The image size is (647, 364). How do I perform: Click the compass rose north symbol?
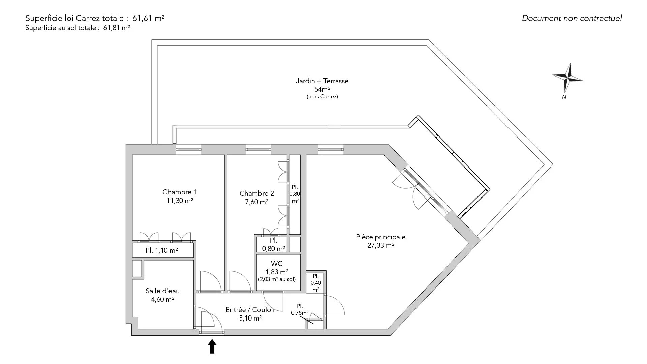click(x=568, y=78)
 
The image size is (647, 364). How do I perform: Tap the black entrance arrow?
click(x=212, y=346)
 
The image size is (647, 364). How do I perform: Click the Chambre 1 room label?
click(x=179, y=192)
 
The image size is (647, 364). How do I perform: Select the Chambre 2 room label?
click(x=257, y=193)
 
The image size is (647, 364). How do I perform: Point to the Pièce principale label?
click(x=381, y=237)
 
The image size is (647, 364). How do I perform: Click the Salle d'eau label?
click(x=162, y=291)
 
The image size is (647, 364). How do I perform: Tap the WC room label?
click(x=277, y=263)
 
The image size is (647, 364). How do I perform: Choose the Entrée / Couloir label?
click(x=250, y=310)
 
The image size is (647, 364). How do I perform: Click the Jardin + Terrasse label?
click(x=322, y=81)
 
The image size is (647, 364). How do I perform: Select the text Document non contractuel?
click(x=572, y=18)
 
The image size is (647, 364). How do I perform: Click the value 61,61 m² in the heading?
click(x=151, y=18)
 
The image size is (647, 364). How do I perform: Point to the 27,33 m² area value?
click(x=381, y=245)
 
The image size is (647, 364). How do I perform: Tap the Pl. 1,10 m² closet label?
click(x=162, y=250)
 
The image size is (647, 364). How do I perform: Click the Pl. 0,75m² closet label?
click(x=300, y=309)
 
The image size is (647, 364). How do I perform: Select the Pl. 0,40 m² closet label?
click(x=316, y=283)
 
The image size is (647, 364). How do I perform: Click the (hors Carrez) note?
click(x=322, y=97)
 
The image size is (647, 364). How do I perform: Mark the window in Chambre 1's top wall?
click(x=188, y=149)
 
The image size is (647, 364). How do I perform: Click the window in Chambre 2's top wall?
click(x=258, y=149)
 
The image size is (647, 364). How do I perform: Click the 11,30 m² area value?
click(x=180, y=201)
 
